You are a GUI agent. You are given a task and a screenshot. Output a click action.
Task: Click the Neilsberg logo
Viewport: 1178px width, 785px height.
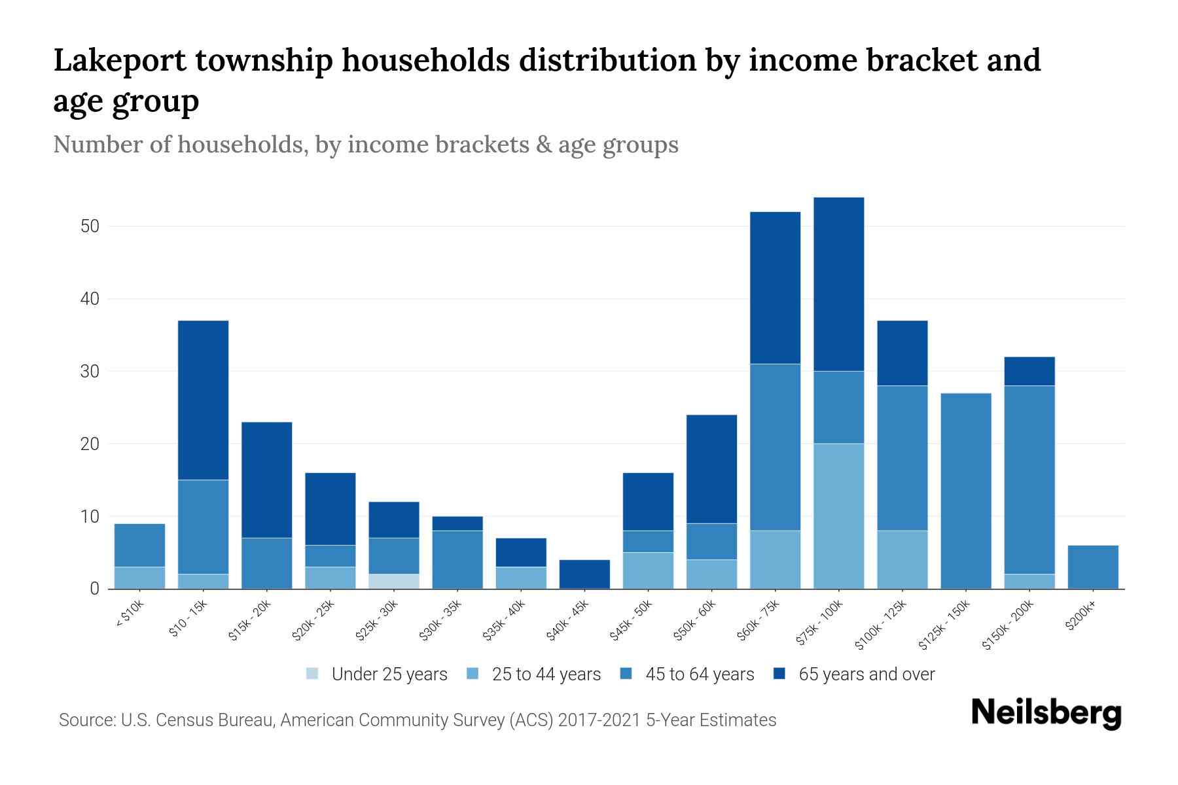1046,713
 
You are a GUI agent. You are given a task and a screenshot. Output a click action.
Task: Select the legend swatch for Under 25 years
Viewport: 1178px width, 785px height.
313,674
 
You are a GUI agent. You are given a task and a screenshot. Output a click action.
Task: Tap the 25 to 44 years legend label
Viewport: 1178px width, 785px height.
546,674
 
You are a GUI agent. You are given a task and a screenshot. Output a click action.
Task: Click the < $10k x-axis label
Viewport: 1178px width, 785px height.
129,614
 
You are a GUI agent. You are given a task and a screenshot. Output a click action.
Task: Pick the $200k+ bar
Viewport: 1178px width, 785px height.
1093,567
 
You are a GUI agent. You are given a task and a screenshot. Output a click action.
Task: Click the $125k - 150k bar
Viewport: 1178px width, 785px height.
965,491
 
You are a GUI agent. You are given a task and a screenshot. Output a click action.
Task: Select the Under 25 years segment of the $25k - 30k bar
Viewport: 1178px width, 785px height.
394,582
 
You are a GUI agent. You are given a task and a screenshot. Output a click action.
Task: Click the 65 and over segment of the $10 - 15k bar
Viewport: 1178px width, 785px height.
203,400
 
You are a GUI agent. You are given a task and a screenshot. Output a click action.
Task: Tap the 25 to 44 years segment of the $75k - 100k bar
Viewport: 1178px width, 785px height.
838,516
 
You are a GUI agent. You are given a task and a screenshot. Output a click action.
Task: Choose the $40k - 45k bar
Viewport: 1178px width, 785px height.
584,574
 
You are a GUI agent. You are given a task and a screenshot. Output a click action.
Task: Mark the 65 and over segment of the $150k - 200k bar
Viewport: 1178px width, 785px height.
1029,371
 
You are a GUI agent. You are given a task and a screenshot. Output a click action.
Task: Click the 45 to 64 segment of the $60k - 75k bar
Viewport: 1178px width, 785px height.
775,447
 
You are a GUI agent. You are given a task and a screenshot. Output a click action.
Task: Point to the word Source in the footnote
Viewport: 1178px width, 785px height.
85,720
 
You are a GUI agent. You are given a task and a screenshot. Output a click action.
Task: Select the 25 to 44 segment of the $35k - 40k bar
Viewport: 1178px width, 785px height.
521,578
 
